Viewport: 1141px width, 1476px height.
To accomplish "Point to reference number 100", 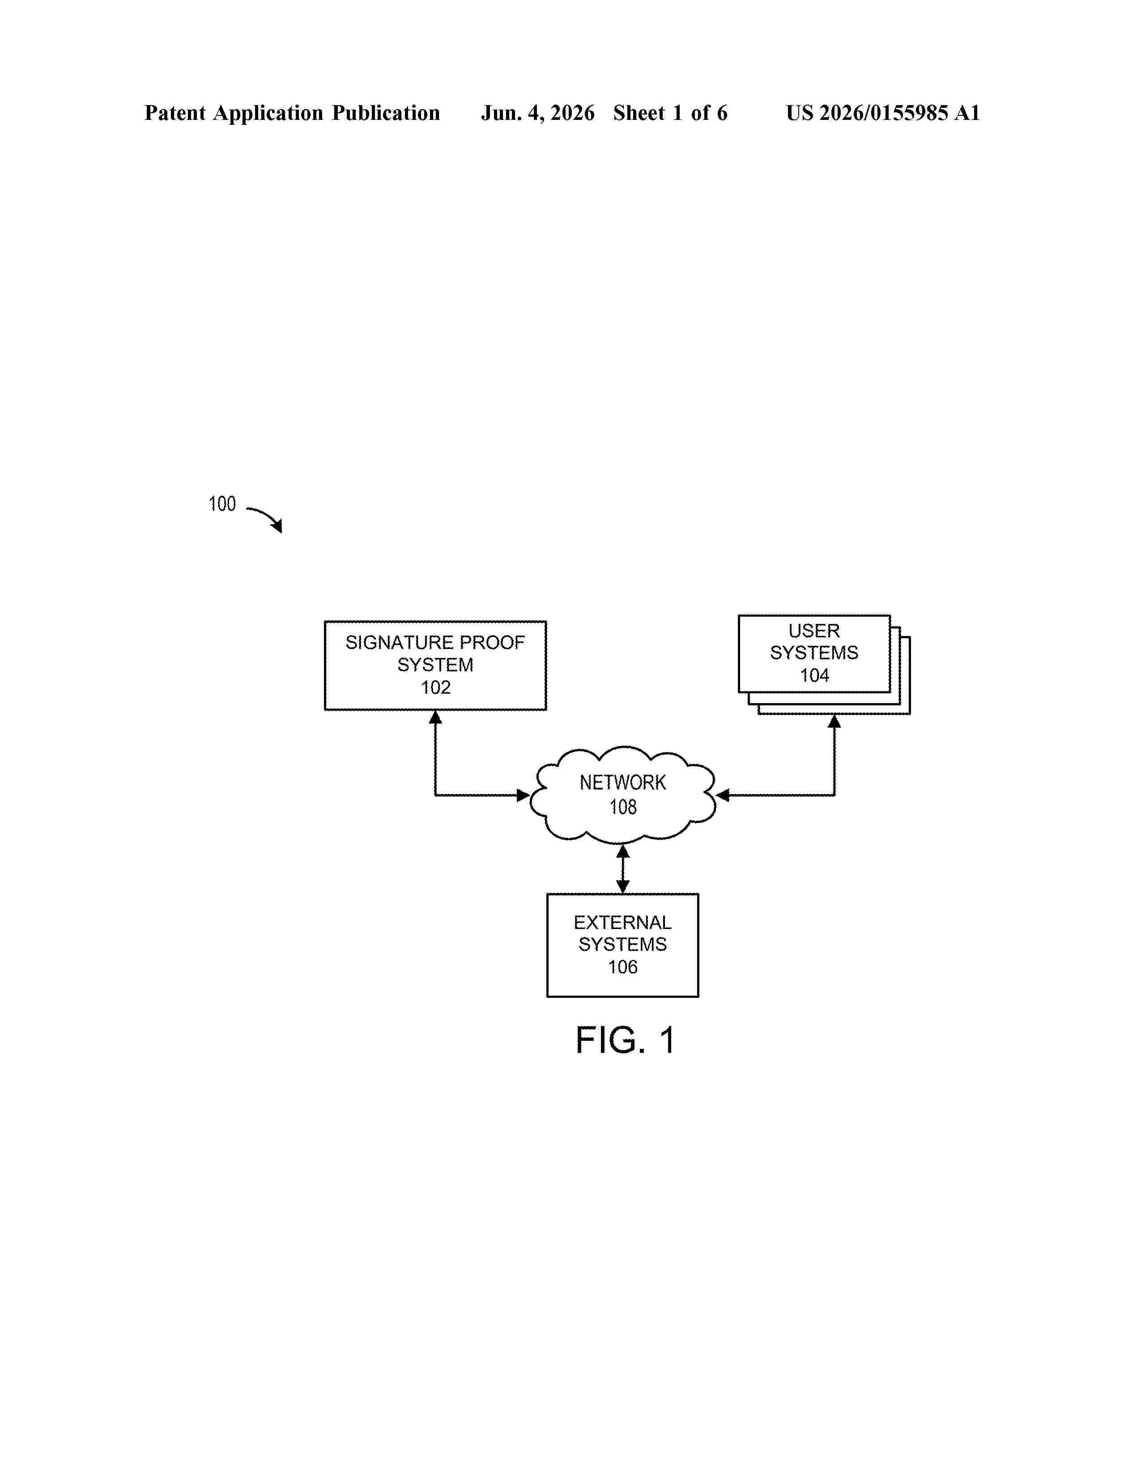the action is [x=221, y=504].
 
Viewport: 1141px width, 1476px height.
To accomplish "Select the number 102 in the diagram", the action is [x=435, y=687].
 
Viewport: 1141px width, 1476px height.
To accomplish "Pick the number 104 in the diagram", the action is [x=814, y=675].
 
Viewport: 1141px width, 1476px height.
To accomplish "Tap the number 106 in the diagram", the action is [x=622, y=967].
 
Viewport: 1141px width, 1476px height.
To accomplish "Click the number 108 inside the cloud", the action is [x=622, y=807].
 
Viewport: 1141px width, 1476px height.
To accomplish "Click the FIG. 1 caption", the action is [x=625, y=1040].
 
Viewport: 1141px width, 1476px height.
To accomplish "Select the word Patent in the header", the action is [x=175, y=113].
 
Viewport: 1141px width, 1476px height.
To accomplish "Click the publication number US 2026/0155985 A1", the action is [x=883, y=113].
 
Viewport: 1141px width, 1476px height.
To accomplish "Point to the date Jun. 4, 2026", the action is [x=537, y=113].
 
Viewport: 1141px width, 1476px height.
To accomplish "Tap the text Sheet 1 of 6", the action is [x=670, y=113].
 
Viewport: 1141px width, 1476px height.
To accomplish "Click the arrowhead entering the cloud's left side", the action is [x=523, y=795].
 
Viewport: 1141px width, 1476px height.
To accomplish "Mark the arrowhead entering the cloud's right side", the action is [x=723, y=795].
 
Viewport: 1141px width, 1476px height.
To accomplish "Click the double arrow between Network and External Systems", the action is [x=622, y=869].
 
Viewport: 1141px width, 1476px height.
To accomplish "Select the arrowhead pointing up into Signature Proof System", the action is [x=435, y=717].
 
